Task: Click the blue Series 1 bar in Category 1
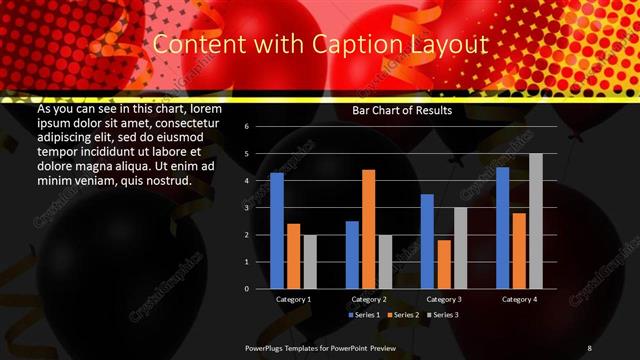pos(277,231)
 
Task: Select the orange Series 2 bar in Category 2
pos(368,229)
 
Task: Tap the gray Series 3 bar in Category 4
pos(535,221)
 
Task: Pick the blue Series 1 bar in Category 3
pos(427,241)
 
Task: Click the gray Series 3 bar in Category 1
pos(309,262)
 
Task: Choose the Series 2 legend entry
pos(403,315)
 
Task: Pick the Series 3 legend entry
pos(443,315)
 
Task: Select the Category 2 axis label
pos(368,299)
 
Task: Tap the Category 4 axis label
pos(519,299)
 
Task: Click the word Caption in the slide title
pos(354,45)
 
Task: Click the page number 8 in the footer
pos(590,347)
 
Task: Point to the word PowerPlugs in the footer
pos(268,347)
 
